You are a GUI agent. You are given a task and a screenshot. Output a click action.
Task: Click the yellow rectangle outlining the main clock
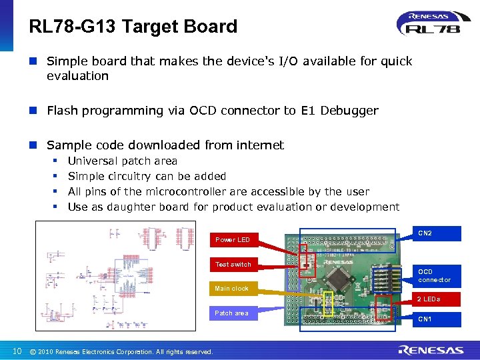[328, 303]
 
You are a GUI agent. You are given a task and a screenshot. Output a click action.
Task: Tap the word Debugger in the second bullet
[349, 111]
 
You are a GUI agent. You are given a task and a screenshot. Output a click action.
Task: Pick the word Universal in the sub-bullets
[93, 161]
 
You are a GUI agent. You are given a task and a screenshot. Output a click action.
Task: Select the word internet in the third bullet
[259, 145]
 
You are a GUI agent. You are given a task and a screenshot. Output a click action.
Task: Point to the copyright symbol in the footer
[33, 351]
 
